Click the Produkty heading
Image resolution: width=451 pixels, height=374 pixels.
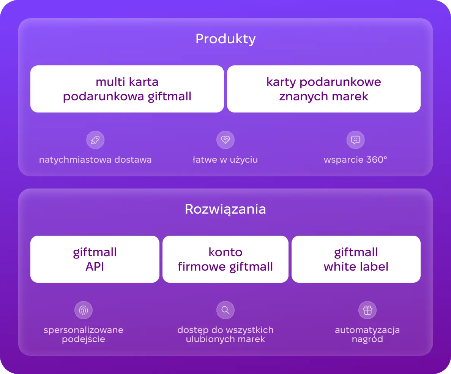point(225,39)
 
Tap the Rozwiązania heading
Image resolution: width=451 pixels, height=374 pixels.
point(225,209)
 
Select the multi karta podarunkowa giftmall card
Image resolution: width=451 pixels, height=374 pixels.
point(127,89)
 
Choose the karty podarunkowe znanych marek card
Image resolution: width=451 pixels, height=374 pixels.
point(324,89)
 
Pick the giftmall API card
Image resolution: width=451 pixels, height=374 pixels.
point(95,259)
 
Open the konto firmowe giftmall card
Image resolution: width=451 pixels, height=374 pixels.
point(225,259)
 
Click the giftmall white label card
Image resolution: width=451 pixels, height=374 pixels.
point(356,259)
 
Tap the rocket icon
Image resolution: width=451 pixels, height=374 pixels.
point(96,140)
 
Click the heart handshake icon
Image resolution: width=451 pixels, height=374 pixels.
point(225,140)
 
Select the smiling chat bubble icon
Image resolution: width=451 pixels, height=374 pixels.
point(355,140)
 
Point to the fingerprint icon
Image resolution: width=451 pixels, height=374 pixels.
point(84,310)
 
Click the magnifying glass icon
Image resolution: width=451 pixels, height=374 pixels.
point(225,310)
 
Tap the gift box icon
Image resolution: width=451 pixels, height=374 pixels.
point(367,310)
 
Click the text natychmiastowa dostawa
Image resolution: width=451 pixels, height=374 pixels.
point(96,160)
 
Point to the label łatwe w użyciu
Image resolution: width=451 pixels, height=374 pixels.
point(225,160)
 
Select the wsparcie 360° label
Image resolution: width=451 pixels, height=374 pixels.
point(355,160)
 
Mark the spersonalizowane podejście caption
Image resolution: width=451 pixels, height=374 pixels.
point(84,334)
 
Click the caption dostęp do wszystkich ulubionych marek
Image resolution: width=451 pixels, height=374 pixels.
point(225,334)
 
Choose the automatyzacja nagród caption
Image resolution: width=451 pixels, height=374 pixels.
point(367,334)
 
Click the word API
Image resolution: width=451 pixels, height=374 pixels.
point(95,266)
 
